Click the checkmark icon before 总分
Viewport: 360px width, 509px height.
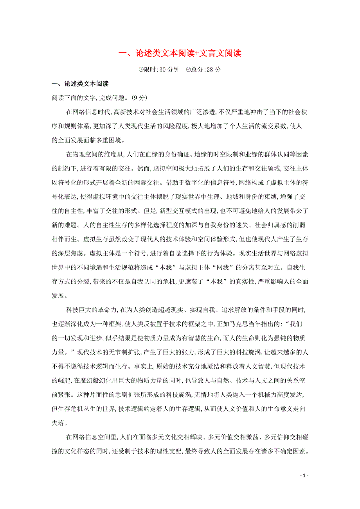(x=189, y=70)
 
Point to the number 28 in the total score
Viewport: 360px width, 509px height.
(x=211, y=70)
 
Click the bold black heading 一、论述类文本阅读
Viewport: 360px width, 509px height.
(x=80, y=84)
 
